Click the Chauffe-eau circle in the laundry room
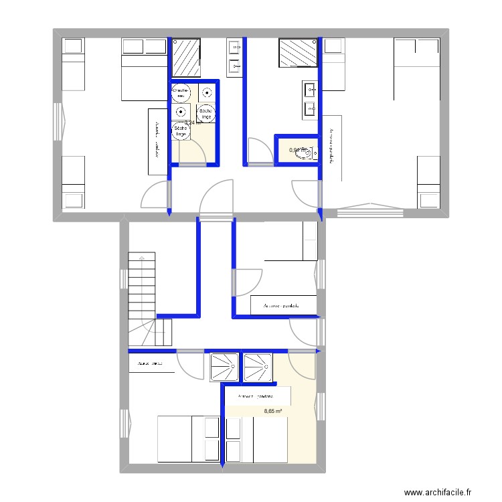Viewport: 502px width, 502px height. click(x=181, y=92)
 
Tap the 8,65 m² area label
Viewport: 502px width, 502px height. click(x=272, y=412)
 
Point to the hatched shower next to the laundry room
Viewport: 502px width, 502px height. click(x=187, y=57)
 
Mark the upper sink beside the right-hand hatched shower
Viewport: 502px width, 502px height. click(x=311, y=89)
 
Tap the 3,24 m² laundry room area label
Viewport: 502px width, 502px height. click(x=193, y=122)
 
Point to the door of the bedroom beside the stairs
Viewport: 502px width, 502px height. click(x=191, y=365)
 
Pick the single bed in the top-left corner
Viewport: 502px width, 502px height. click(x=73, y=64)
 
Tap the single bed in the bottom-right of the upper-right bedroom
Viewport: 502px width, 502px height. click(x=428, y=182)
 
